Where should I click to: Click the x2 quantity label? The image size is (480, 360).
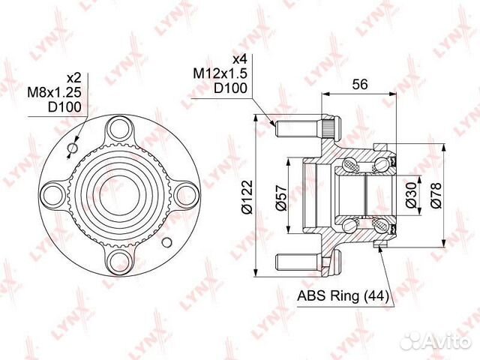(73, 77)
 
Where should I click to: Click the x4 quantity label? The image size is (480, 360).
(240, 59)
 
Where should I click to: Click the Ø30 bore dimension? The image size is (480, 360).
(410, 193)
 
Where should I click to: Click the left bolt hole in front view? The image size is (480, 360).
(49, 194)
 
